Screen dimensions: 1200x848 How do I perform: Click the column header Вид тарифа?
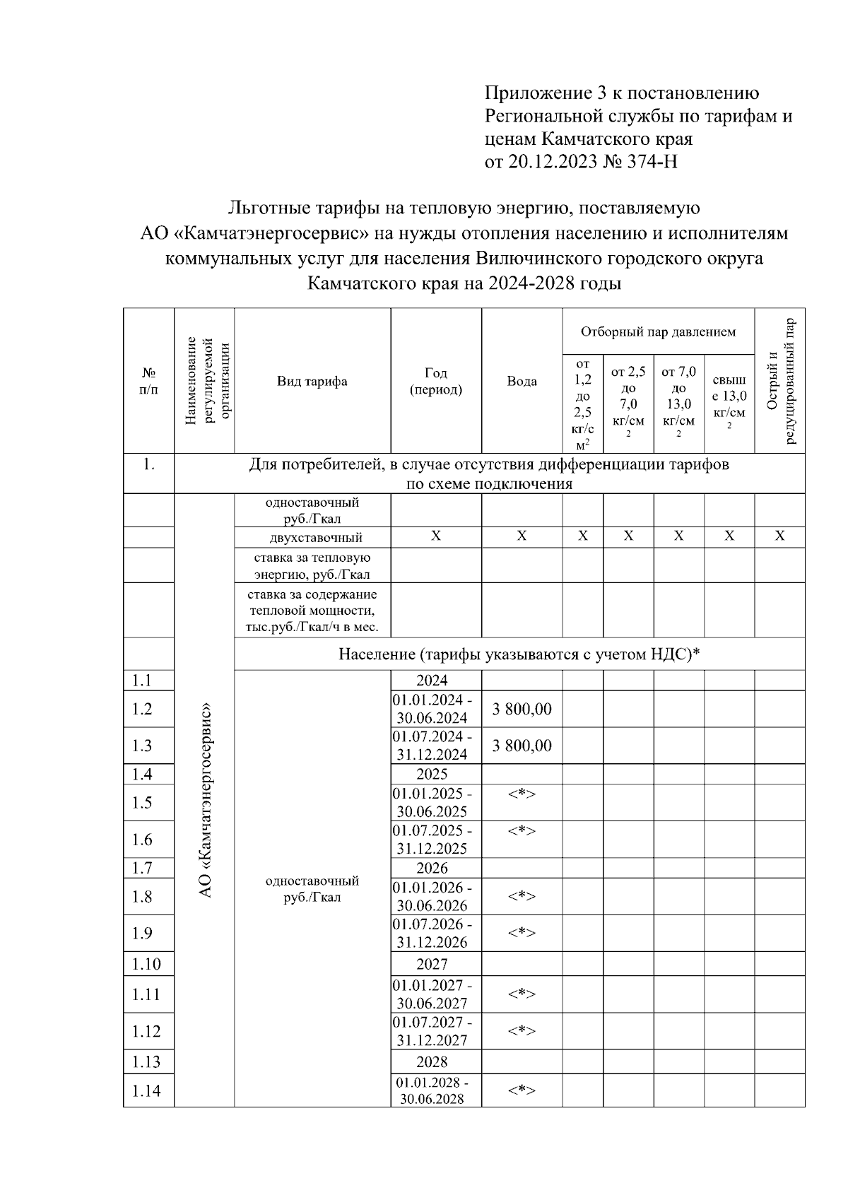312,382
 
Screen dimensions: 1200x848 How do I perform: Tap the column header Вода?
522,382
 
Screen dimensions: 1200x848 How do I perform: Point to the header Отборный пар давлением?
658,331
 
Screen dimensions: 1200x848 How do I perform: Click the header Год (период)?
436,382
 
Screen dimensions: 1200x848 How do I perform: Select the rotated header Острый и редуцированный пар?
780,382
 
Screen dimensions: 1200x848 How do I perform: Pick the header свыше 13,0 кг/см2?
729,403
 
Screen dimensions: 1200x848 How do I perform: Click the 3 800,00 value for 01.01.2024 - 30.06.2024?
522,709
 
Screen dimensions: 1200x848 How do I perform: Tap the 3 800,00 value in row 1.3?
522,746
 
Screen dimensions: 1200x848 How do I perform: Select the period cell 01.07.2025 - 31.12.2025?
432,840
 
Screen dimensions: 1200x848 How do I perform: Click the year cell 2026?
432,868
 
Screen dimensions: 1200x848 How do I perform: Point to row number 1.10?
146,964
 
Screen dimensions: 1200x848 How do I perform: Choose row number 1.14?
146,1090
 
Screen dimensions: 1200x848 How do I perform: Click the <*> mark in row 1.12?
522,1031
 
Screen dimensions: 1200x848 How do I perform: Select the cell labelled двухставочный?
312,538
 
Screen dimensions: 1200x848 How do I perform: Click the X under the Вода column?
522,536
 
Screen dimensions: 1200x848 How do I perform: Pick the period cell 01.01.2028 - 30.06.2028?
432,1090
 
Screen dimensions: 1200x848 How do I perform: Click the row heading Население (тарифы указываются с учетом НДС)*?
519,654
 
